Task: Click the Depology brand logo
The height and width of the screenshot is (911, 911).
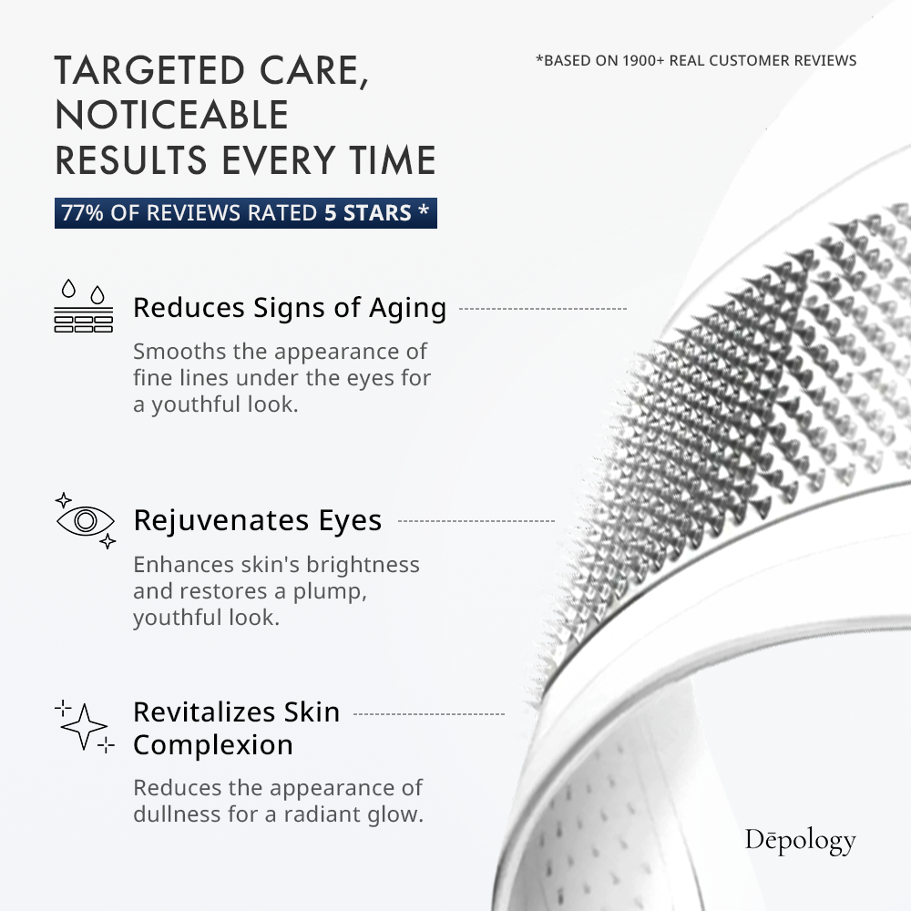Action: [800, 840]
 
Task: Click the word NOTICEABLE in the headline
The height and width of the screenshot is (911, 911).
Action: [171, 115]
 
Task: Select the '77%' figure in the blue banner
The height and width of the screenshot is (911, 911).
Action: [82, 212]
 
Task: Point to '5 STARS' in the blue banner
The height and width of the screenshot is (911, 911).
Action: [368, 212]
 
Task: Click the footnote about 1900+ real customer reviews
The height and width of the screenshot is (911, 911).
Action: [696, 60]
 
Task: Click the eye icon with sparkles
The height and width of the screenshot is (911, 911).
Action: [86, 520]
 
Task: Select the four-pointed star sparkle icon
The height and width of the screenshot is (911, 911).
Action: [84, 726]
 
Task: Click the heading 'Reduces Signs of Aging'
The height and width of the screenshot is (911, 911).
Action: [290, 308]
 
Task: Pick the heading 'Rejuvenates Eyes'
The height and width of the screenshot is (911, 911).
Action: [258, 520]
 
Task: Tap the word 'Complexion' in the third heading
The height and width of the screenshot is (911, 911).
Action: [213, 745]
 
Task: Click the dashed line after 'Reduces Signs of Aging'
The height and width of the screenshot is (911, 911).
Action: [543, 309]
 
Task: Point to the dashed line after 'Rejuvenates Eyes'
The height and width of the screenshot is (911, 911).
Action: [476, 521]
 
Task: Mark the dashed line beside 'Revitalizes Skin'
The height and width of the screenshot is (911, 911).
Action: [429, 714]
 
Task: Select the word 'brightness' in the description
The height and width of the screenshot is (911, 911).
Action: [363, 565]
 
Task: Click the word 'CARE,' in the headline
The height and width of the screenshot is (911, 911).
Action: [313, 71]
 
